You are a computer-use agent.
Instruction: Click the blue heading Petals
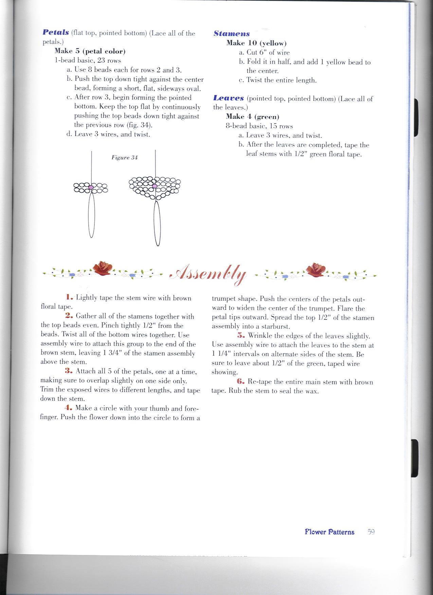tap(56, 33)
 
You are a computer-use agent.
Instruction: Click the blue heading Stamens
tap(232, 34)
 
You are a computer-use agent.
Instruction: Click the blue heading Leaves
tap(229, 98)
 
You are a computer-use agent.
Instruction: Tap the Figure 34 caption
tap(125, 157)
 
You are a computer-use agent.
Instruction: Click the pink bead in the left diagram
tap(91, 187)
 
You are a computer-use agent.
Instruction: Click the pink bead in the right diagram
tap(155, 186)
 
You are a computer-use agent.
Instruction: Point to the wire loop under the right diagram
tap(157, 224)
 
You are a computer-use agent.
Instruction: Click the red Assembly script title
tap(208, 274)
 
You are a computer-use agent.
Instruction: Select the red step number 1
tap(69, 298)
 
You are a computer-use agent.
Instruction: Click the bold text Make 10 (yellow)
tap(256, 43)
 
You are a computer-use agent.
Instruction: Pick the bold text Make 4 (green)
tap(253, 117)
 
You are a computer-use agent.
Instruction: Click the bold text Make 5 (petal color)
tap(90, 51)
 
